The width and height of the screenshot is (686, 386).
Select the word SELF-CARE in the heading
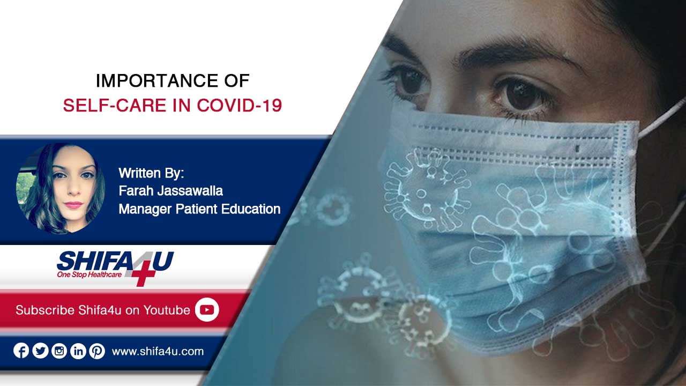point(115,106)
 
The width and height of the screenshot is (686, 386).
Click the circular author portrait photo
point(61,189)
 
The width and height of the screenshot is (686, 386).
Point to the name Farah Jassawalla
point(170,191)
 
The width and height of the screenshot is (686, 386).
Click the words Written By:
point(151,173)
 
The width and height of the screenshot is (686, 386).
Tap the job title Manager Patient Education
point(199,209)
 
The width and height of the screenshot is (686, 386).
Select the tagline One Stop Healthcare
point(90,274)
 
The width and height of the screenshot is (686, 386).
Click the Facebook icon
point(21,351)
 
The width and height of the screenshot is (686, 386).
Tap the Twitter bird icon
point(40,351)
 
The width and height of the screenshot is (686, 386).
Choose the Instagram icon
point(59,351)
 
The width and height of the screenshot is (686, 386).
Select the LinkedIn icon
point(78,351)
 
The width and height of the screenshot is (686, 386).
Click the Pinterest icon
point(97,351)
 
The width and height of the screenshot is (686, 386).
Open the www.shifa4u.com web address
point(158,351)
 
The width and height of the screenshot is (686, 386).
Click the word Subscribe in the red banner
point(45,310)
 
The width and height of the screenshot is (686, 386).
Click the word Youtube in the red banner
point(167,310)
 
